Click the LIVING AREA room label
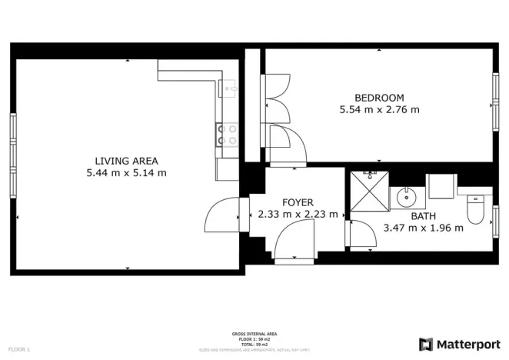pyautogui.click(x=126, y=161)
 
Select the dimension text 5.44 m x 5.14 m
pyautogui.click(x=126, y=173)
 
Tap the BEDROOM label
pyautogui.click(x=379, y=98)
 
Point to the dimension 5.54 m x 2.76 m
pyautogui.click(x=379, y=110)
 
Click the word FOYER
pyautogui.click(x=298, y=202)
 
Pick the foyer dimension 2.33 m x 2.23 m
pyautogui.click(x=298, y=215)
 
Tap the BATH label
pyautogui.click(x=423, y=216)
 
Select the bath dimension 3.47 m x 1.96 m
pyautogui.click(x=423, y=228)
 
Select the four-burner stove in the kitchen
pyautogui.click(x=228, y=135)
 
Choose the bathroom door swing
pyautogui.click(x=360, y=234)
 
